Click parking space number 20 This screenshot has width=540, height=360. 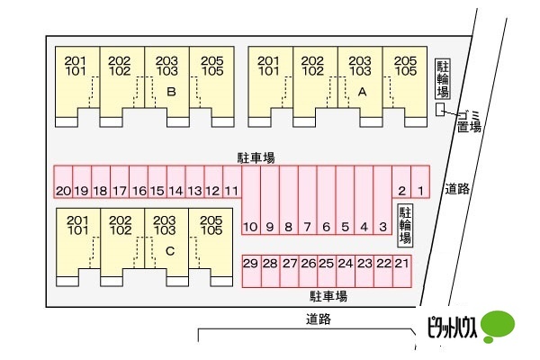click(63, 182)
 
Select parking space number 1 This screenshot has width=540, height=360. click(420, 182)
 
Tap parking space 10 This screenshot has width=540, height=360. click(251, 200)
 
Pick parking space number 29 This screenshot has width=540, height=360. click(252, 271)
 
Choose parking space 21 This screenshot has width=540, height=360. click(402, 271)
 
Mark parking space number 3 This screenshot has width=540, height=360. click(382, 200)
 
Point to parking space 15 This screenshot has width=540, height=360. click(157, 182)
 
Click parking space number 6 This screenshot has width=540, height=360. click(326, 200)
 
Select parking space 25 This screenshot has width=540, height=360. click(327, 271)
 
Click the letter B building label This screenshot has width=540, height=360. click(171, 92)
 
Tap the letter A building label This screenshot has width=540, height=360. click(362, 92)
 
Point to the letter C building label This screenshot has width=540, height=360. click(170, 251)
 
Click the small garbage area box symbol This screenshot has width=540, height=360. click(440, 110)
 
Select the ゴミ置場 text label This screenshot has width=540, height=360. click(469, 122)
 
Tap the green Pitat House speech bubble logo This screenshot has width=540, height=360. click(498, 326)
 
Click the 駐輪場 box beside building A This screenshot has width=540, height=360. click(443, 79)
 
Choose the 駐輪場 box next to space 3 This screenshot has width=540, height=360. click(405, 226)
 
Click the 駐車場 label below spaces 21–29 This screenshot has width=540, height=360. click(328, 296)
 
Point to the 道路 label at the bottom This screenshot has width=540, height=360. click(319, 319)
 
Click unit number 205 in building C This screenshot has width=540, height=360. click(211, 220)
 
